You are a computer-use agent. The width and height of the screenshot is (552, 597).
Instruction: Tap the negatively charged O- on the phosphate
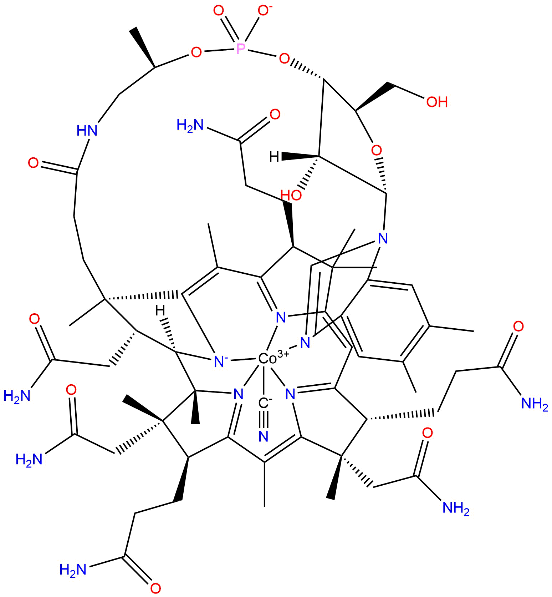point(264,11)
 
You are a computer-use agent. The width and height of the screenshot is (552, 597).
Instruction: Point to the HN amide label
point(87,130)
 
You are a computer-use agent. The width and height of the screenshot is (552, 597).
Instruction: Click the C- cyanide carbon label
point(265,403)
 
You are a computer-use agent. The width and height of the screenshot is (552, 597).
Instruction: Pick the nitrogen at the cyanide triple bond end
point(264,436)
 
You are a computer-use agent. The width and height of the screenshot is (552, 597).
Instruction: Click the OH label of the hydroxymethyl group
point(437,102)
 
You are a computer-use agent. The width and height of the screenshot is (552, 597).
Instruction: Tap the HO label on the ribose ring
point(291,195)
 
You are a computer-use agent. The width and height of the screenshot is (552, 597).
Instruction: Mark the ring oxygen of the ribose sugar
point(377,150)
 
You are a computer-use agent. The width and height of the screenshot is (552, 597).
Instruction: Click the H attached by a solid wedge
point(275,156)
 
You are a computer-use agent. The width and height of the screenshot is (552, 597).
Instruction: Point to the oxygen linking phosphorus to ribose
point(284,58)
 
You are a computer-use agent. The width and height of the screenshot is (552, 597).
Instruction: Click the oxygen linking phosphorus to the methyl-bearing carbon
point(196,53)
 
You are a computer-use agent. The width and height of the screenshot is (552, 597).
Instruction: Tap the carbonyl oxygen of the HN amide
point(34,163)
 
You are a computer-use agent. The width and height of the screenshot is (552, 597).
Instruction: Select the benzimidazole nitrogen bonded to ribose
point(383,238)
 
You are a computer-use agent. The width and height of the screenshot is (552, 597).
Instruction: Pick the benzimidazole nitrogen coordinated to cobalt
point(305,343)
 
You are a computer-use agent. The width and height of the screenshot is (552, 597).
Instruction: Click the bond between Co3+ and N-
point(243,360)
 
